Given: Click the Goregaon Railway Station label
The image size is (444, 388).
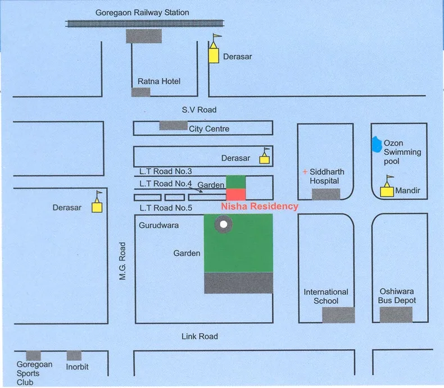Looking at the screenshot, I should [142, 12].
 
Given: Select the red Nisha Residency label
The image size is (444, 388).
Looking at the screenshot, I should [260, 206].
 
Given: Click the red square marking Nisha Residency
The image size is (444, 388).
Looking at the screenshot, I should [235, 194].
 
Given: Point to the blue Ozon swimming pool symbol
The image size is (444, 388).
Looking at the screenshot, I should [375, 145].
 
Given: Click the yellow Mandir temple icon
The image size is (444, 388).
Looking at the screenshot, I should [387, 190].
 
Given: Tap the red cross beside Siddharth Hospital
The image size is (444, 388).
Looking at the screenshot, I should [305, 172].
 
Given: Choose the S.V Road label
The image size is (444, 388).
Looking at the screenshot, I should [195, 110].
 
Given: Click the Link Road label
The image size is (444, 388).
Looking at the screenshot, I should [200, 336].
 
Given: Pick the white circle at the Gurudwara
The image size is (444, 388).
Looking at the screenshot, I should [224, 225].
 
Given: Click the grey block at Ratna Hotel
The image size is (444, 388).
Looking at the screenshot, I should [141, 92].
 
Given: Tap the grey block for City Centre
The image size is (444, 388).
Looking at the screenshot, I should [173, 125].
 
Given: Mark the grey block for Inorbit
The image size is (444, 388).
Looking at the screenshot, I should [74, 355].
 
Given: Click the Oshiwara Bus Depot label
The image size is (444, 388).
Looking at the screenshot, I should [398, 296].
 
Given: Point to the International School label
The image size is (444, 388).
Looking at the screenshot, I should [326, 296].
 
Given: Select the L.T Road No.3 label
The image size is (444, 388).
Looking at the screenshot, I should [166, 171].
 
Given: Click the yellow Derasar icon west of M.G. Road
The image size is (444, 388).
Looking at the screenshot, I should [97, 206].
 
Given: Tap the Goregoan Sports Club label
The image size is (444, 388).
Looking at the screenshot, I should [34, 373].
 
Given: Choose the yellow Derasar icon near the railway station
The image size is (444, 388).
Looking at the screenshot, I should [214, 55].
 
